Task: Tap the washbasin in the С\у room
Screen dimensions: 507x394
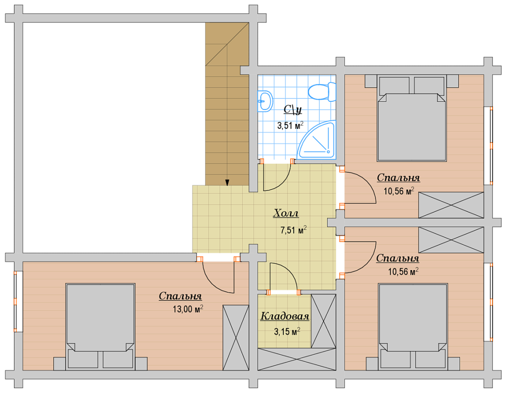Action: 265,101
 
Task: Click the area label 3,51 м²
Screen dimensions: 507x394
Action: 290,125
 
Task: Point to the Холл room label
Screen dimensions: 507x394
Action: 286,213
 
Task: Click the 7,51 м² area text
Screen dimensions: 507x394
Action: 293,230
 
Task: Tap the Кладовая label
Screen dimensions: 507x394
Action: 285,316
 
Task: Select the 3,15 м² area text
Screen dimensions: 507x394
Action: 287,331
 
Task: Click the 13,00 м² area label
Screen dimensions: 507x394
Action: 188,309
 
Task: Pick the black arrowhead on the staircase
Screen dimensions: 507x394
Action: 227,183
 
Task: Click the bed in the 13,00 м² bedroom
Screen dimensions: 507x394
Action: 100,326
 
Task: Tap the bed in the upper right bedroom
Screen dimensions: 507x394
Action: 412,118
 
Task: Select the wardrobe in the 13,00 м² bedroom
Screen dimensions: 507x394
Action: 236,338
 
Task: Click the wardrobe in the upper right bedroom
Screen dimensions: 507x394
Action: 451,205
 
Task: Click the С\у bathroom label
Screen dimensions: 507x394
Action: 292,110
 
